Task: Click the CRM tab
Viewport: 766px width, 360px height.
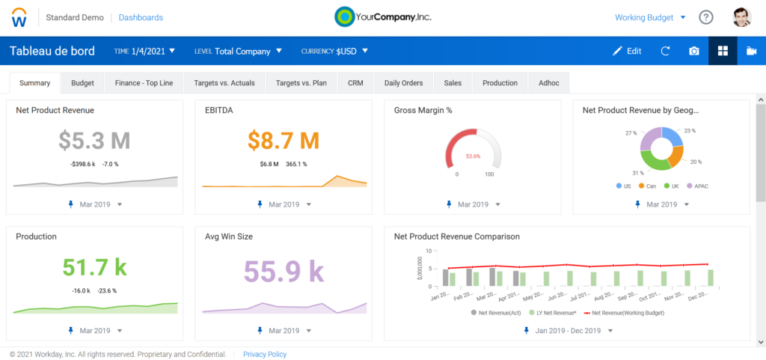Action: click(355, 83)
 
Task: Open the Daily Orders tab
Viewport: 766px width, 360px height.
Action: click(403, 83)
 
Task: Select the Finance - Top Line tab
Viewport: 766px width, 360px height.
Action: click(144, 83)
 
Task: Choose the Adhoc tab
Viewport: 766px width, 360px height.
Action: click(548, 83)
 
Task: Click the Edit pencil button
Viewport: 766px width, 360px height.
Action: click(627, 51)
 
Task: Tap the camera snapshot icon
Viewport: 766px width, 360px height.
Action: click(694, 51)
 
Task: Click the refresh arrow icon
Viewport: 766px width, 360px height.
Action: click(665, 51)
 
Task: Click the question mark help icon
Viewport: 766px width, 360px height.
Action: click(705, 17)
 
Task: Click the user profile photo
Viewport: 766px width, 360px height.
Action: click(741, 17)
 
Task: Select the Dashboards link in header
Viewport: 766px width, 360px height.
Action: click(141, 17)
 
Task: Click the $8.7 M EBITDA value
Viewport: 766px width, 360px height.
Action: click(284, 140)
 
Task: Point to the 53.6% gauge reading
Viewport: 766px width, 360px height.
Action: click(472, 156)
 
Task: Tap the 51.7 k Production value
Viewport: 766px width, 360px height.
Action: click(94, 268)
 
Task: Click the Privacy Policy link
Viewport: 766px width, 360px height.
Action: click(264, 354)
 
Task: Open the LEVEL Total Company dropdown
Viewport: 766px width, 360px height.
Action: click(239, 51)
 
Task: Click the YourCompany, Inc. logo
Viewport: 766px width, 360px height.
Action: click(382, 16)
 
